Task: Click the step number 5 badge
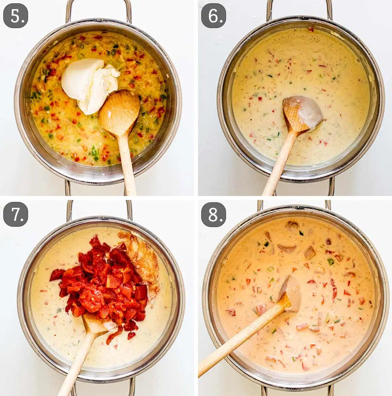16,16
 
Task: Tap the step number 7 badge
16,214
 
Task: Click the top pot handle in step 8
294,205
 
